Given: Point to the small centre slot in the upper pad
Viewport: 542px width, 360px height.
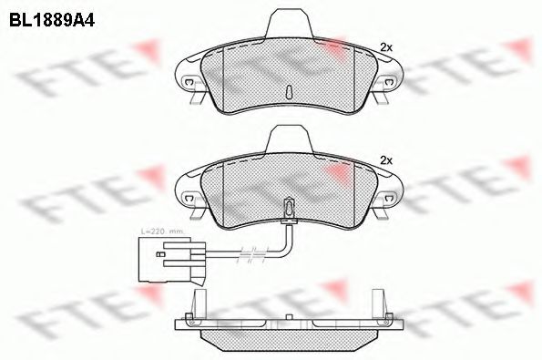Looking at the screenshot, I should [288, 92].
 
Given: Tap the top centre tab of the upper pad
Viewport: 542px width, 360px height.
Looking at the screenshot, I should [288, 20].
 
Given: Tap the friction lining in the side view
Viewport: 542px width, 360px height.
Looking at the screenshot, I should [288, 341].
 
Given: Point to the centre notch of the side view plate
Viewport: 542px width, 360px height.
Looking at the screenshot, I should [288, 319].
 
